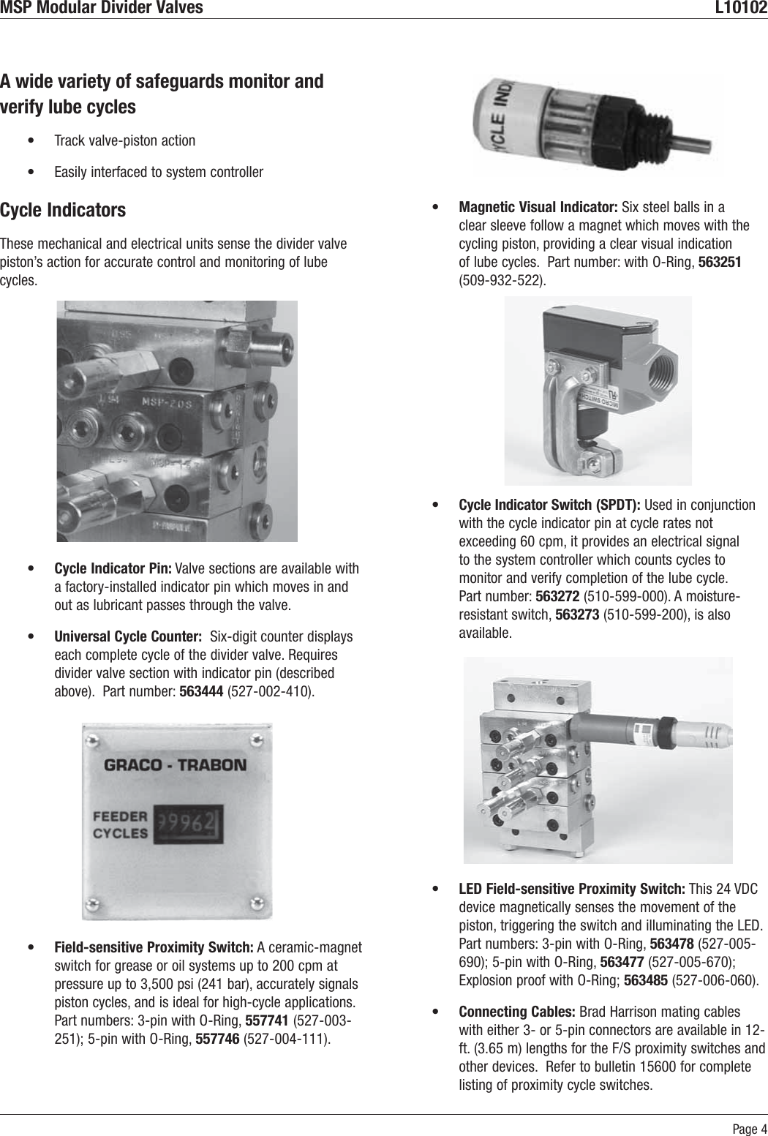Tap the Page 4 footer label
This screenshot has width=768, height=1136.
pyautogui.click(x=750, y=1128)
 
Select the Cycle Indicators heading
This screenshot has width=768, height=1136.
pyautogui.click(x=63, y=210)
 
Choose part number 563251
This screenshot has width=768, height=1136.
pyautogui.click(x=720, y=262)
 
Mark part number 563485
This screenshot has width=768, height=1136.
pyautogui.click(x=645, y=980)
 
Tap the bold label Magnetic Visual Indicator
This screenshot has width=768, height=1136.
pyautogui.click(x=538, y=207)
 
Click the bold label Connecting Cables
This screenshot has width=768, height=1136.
pyautogui.click(x=517, y=1012)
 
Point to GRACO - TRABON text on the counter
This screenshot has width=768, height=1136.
pyautogui.click(x=176, y=766)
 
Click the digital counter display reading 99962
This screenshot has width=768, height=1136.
pyautogui.click(x=187, y=825)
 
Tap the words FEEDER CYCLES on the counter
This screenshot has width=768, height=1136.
pyautogui.click(x=120, y=824)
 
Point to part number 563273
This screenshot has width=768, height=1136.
pyautogui.click(x=577, y=614)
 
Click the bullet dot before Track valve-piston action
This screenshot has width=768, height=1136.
pyautogui.click(x=29, y=140)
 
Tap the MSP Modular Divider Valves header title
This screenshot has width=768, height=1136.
pyautogui.click(x=102, y=8)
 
